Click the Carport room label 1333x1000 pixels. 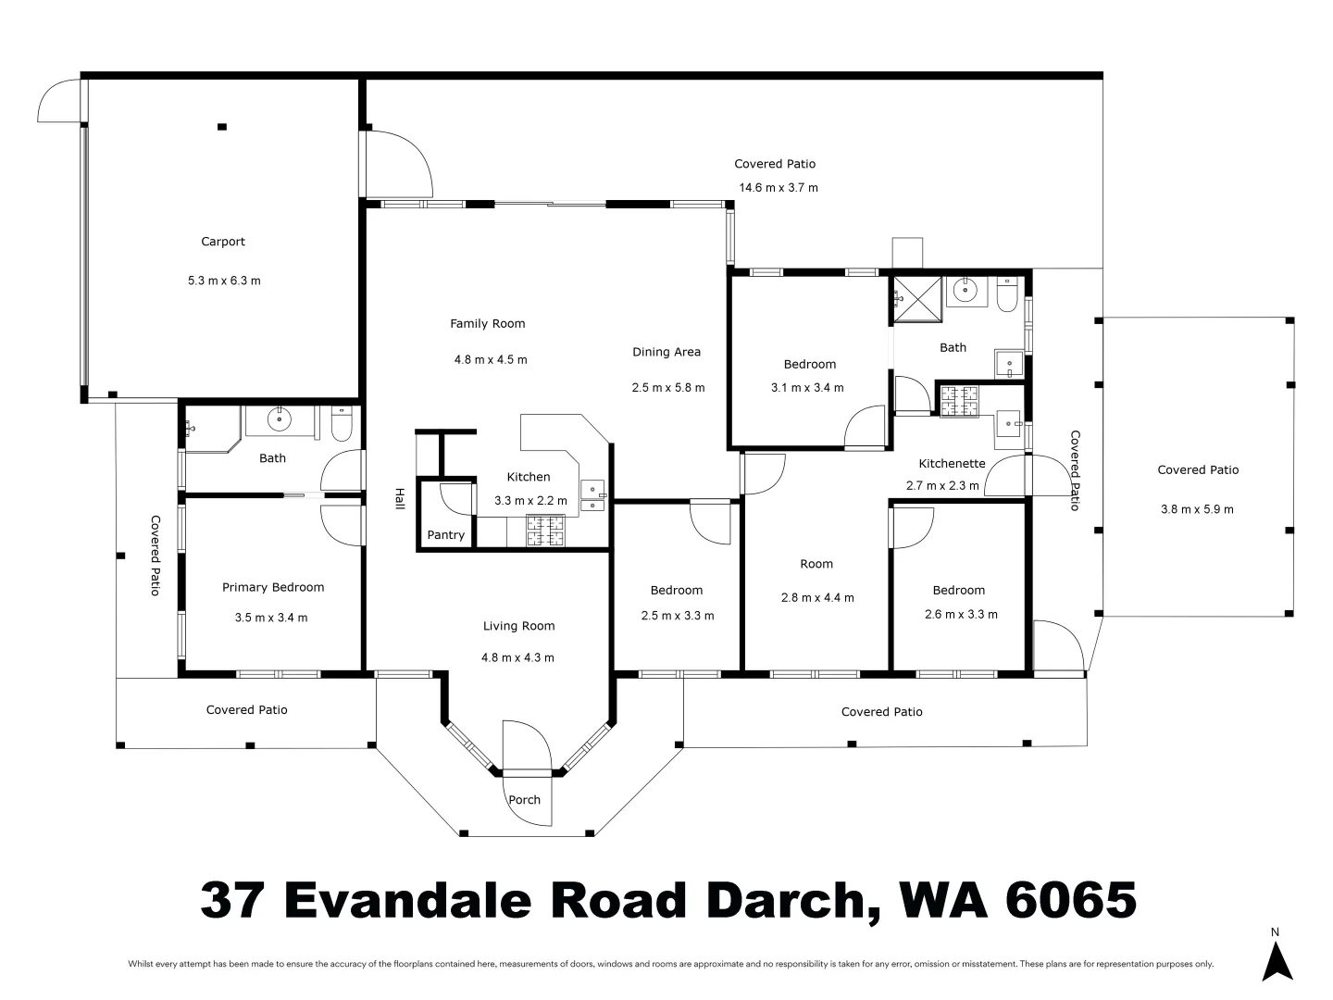pyautogui.click(x=223, y=242)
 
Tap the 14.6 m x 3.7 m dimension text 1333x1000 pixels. pyautogui.click(x=778, y=188)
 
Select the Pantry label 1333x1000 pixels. pyautogui.click(x=445, y=535)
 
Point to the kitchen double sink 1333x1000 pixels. pyautogui.click(x=591, y=495)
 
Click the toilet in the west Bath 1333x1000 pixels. pyautogui.click(x=342, y=425)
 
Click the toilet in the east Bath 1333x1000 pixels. pyautogui.click(x=1007, y=295)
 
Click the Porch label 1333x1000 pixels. pyautogui.click(x=524, y=800)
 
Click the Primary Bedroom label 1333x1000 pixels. pyautogui.click(x=273, y=587)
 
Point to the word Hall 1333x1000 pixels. pyautogui.click(x=400, y=498)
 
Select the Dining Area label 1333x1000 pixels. pyautogui.click(x=666, y=352)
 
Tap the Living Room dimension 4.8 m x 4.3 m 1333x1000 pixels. pyautogui.click(x=517, y=658)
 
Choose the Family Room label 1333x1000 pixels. pyautogui.click(x=488, y=324)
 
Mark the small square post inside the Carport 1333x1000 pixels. pyautogui.click(x=222, y=127)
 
